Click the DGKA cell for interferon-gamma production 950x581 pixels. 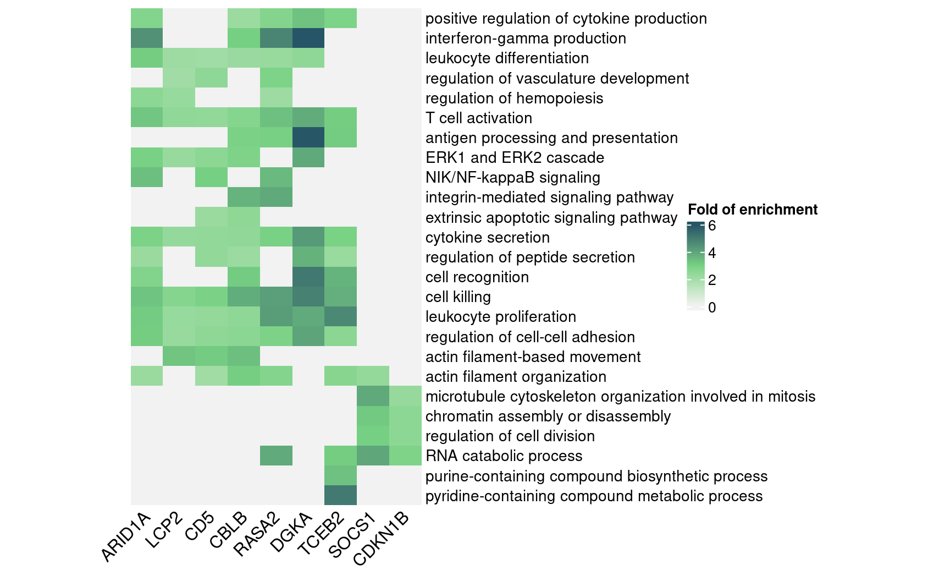click(308, 39)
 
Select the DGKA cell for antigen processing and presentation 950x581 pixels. click(308, 138)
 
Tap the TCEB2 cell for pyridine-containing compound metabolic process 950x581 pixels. click(340, 496)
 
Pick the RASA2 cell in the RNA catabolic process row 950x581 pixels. click(276, 456)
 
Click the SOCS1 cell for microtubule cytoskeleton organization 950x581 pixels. click(373, 396)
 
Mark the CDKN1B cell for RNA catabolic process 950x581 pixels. click(405, 456)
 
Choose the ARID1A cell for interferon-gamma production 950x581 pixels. click(147, 39)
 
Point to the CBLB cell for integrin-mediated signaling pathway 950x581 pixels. click(244, 198)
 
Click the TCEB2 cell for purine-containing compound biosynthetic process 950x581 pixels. click(340, 476)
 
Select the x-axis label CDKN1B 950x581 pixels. click(382, 539)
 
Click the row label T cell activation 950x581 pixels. click(479, 118)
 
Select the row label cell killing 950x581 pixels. click(458, 297)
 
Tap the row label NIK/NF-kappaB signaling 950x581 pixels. click(512, 178)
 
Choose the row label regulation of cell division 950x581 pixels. click(510, 436)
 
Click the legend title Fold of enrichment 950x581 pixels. click(753, 210)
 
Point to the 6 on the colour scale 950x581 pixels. click(712, 226)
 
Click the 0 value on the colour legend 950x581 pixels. click(712, 308)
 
